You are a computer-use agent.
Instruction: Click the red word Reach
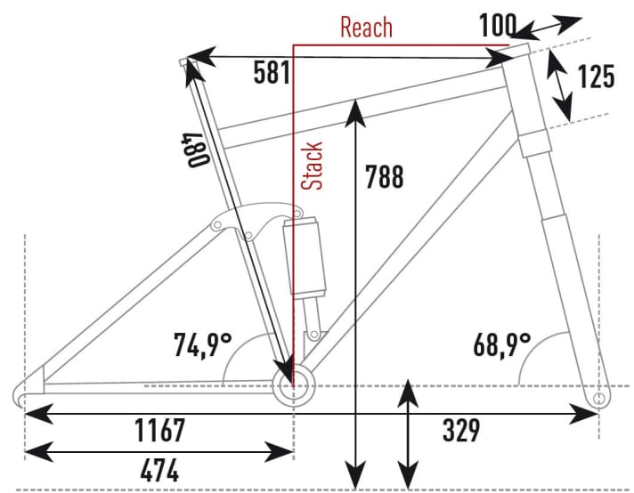pos(366,27)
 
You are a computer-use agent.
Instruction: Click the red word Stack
pos(313,166)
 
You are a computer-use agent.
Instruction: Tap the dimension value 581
pos(271,72)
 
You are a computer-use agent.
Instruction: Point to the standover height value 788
pos(385,177)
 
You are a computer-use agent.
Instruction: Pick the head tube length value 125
pos(596,77)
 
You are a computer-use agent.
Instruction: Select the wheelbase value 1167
pos(160,431)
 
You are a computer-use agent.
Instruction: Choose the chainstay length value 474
pos(147,468)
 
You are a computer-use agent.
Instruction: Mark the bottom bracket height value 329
pos(460,431)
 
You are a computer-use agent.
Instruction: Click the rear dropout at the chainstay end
pos(27,392)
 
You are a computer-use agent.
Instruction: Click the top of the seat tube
pos(187,61)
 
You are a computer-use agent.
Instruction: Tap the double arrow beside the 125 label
pos(560,85)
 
